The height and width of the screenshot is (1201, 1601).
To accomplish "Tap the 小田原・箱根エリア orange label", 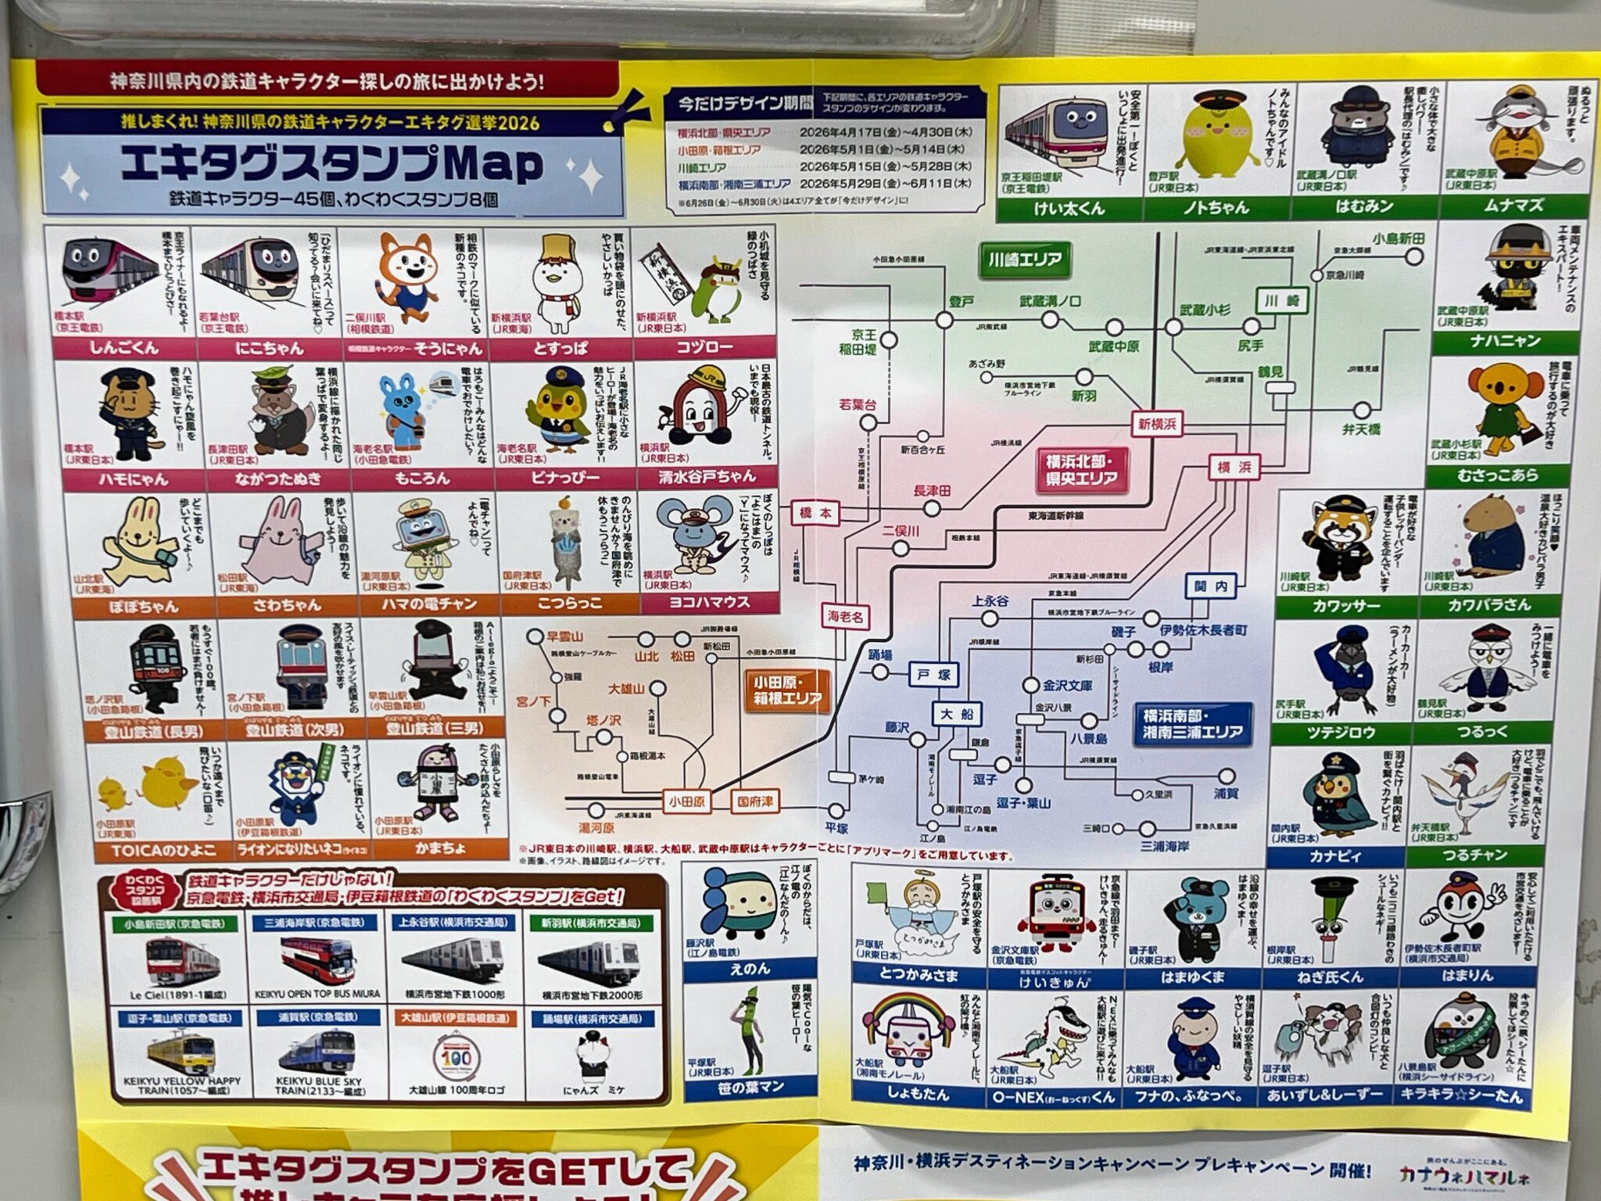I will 786,690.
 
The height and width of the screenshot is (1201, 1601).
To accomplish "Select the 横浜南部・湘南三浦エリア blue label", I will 1192,724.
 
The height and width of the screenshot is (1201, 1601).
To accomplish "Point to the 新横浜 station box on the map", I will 1156,425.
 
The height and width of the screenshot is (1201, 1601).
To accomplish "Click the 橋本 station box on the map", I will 815,514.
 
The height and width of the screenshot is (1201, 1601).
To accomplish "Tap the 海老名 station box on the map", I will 845,617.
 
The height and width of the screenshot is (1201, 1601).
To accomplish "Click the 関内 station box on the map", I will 1210,586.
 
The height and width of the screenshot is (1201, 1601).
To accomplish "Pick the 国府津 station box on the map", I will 754,801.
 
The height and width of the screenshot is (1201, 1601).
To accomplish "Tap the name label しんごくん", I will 124,347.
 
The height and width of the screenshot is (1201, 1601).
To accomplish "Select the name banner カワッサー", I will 1346,605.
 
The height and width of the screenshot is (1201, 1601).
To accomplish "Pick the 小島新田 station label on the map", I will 1399,238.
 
